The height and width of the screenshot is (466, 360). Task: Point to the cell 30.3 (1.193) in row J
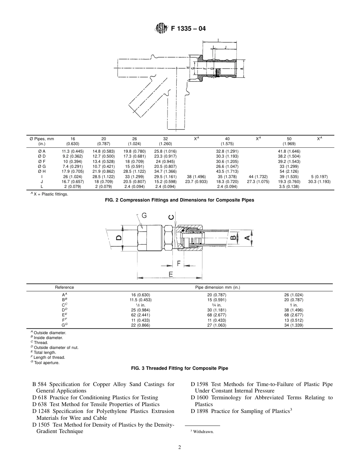[x=319, y=181]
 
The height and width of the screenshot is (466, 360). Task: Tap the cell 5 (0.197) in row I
[x=319, y=177]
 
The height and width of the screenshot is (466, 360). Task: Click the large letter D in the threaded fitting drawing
[x=119, y=238]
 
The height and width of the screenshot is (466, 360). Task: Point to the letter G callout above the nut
[x=144, y=216]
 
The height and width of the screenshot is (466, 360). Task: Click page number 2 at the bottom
[x=180, y=447]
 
